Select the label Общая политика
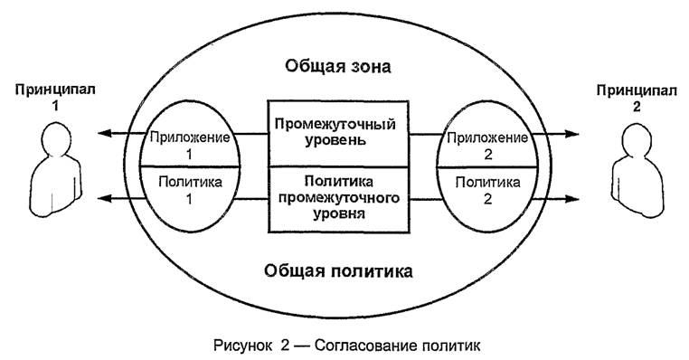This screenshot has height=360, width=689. (340, 270)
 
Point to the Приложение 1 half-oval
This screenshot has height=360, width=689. (191, 145)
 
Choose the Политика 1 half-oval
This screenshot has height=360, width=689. (191, 189)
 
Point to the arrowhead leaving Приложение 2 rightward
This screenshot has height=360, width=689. (573, 135)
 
